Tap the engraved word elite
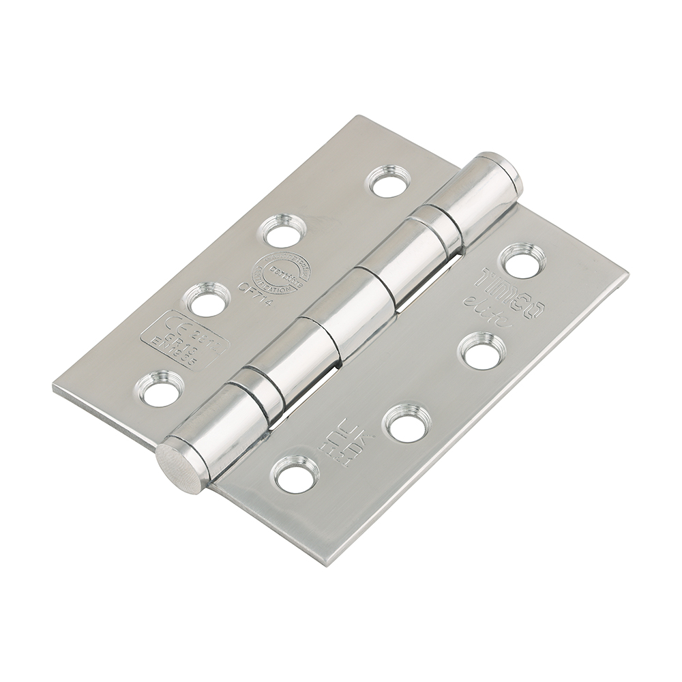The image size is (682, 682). (x=488, y=313)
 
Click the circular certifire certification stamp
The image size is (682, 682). (x=279, y=273)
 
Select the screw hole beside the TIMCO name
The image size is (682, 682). (x=523, y=261)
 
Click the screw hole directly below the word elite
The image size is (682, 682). (x=481, y=352)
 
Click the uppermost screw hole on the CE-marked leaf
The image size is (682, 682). (x=389, y=181)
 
